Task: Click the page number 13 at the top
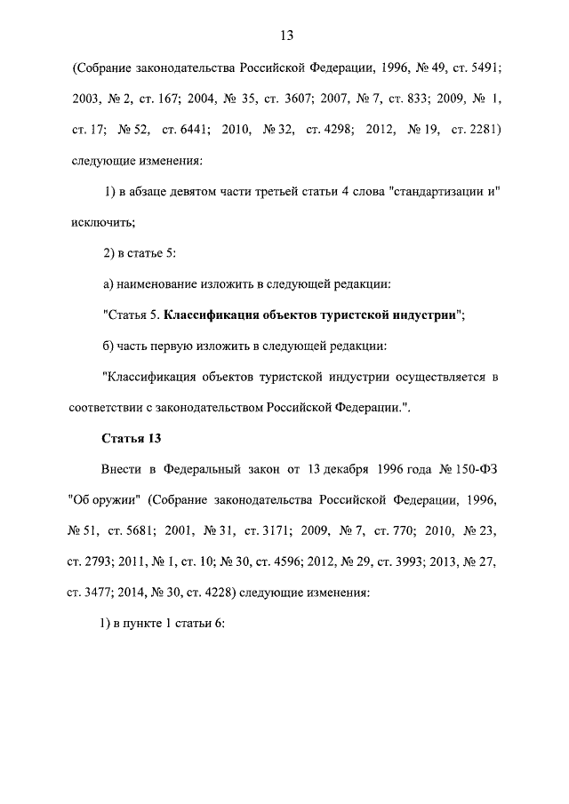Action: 285,36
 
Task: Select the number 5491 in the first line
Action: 479,68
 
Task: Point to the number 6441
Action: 194,131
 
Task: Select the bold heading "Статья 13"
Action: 130,437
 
